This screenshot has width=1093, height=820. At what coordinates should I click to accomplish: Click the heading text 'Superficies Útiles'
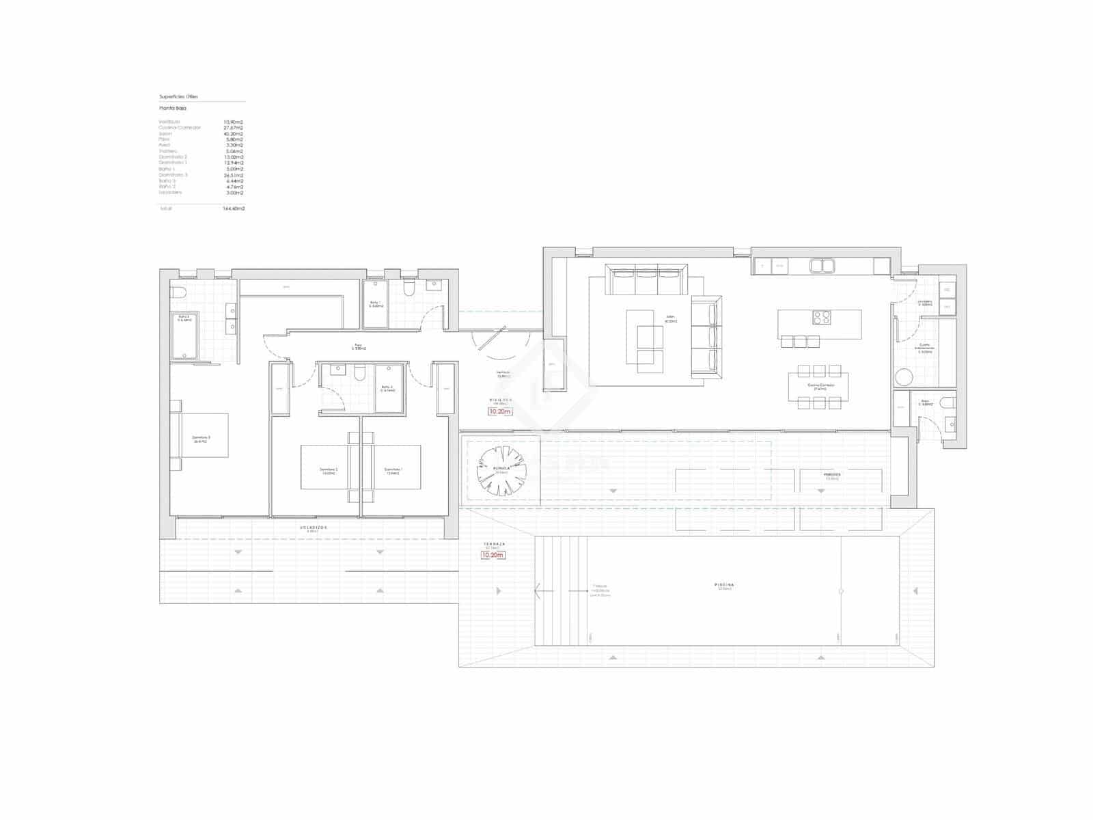(178, 97)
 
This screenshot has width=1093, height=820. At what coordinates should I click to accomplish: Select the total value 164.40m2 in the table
(234, 208)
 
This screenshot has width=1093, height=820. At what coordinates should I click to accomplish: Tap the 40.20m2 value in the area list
(234, 134)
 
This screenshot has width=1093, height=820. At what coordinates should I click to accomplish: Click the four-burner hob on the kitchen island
(821, 318)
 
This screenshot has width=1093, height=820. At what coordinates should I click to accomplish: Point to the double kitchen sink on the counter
(821, 265)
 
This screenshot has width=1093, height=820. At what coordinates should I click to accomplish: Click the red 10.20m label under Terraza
(493, 555)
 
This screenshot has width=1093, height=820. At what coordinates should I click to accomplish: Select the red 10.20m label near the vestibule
(499, 411)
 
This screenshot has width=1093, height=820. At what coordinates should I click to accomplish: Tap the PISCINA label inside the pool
(725, 586)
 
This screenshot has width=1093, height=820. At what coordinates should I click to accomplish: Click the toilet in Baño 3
(179, 294)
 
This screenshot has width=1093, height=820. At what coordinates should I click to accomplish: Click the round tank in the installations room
(904, 377)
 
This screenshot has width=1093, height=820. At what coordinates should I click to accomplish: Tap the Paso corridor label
(359, 346)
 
